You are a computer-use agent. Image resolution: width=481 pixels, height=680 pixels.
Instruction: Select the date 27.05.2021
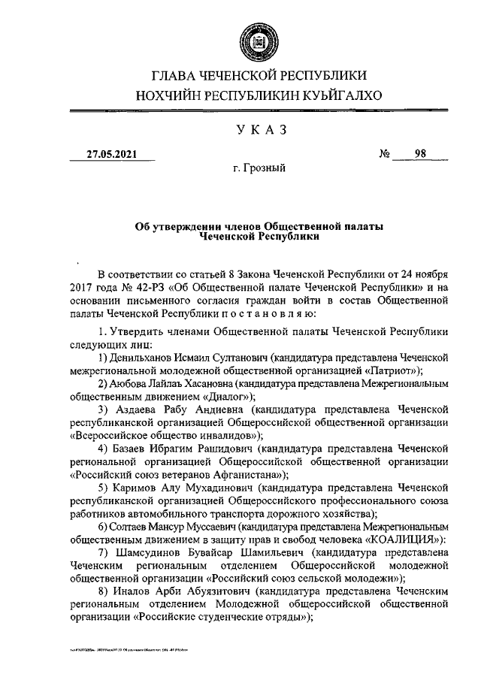pos(112,154)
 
